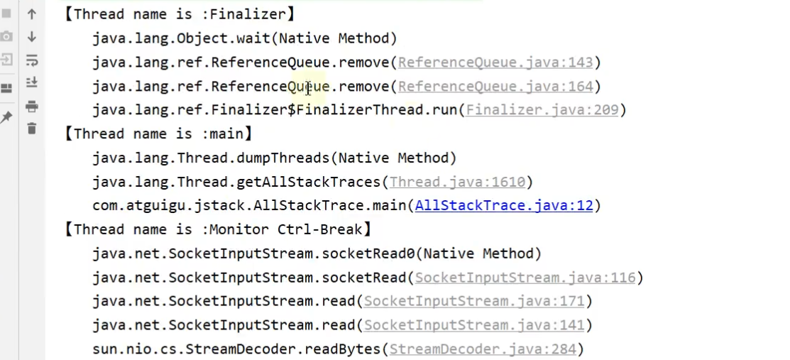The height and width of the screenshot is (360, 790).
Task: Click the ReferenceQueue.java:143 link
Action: click(495, 62)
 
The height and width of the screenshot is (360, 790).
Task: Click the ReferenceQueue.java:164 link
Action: click(495, 87)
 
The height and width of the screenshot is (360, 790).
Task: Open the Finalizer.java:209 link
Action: click(542, 110)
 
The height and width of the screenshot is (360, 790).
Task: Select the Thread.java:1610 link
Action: click(457, 182)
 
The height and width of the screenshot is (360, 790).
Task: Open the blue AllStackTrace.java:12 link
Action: click(503, 206)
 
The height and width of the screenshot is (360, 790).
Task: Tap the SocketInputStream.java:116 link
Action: click(525, 278)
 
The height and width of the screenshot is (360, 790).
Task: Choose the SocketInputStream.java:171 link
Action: click(474, 302)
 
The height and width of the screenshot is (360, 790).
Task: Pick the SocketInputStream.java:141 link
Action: click(474, 325)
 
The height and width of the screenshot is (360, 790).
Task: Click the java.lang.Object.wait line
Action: click(244, 38)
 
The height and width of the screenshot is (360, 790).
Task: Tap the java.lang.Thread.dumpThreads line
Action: click(274, 158)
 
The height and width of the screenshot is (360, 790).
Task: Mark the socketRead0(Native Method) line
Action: click(317, 253)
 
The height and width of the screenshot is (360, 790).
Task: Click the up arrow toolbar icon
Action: click(31, 13)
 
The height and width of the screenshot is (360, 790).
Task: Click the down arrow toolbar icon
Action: click(31, 37)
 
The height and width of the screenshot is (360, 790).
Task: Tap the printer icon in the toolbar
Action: click(31, 107)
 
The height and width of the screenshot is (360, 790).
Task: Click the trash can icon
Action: click(31, 129)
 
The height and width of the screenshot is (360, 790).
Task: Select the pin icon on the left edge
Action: click(6, 116)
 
